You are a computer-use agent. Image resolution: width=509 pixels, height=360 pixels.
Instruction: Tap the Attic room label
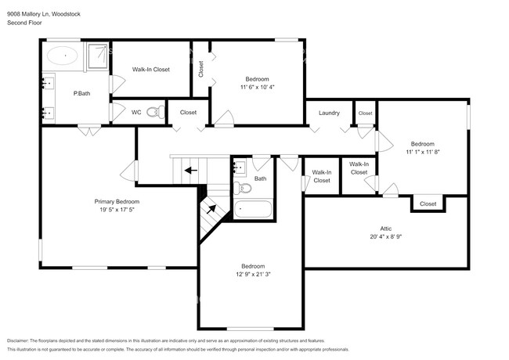[x=385, y=228]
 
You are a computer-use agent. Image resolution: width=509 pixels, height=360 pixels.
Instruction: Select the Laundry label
[x=329, y=113]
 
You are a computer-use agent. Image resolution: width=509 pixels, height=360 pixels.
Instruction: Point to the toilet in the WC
[x=153, y=112]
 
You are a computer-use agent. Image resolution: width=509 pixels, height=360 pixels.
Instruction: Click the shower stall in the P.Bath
[x=97, y=56]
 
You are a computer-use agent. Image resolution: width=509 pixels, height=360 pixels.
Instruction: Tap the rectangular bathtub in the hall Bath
[x=253, y=209]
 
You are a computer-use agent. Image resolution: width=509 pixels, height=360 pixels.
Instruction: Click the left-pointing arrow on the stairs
[x=188, y=168]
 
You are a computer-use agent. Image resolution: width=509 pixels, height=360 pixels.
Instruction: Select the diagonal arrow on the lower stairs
[x=210, y=208]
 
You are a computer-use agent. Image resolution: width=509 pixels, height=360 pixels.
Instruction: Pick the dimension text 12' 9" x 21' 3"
[x=252, y=275]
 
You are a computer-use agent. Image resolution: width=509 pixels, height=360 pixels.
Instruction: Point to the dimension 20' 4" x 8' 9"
[x=385, y=236]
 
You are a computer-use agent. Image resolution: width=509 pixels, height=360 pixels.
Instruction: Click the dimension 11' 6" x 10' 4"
[x=257, y=87]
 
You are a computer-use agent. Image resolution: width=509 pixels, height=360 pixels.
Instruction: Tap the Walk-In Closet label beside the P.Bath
[x=150, y=70]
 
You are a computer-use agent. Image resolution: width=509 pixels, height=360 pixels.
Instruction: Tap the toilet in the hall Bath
[x=244, y=188]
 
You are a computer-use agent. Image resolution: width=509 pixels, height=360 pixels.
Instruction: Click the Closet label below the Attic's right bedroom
[x=428, y=203]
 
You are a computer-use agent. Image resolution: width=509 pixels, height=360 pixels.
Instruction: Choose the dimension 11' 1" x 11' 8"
[x=423, y=153]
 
